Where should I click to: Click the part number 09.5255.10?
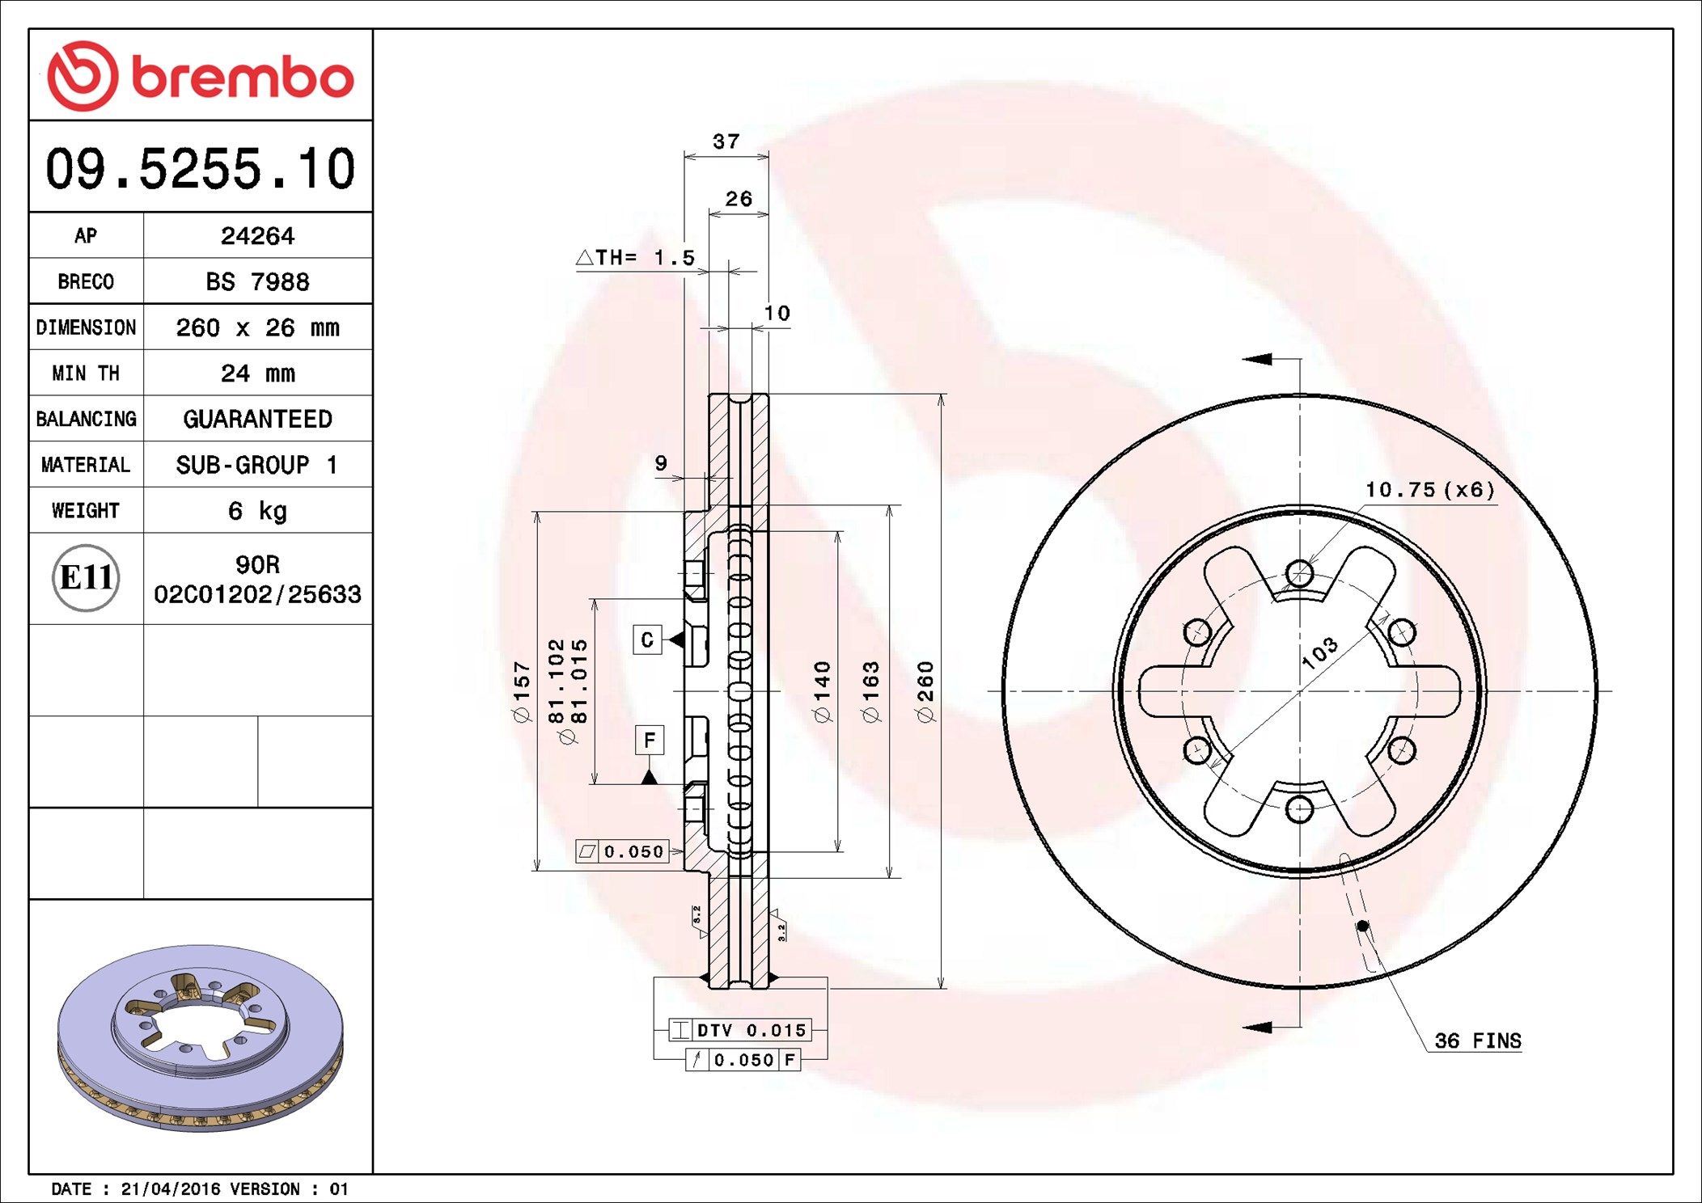coord(201,169)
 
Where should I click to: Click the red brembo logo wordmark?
coord(242,78)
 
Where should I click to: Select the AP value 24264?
coord(257,235)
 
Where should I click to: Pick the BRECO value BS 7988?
coord(257,281)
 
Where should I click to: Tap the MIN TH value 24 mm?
coord(257,373)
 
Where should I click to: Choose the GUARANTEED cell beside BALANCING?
coord(257,419)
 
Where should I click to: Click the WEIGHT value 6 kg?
coord(257,510)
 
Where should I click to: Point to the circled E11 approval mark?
coord(86,577)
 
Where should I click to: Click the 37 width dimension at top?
coord(726,141)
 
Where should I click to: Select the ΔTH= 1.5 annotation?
coord(636,257)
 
